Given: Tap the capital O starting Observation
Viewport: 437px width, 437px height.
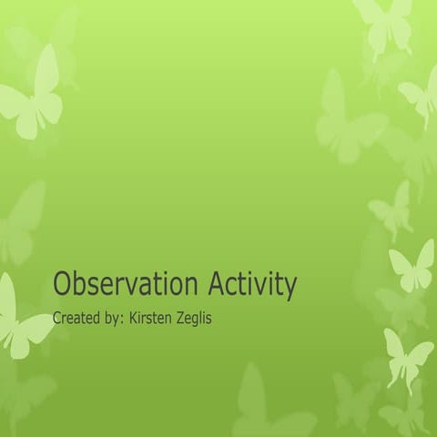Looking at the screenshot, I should pos(62,285).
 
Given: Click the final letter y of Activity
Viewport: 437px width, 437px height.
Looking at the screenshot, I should pos(290,289).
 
